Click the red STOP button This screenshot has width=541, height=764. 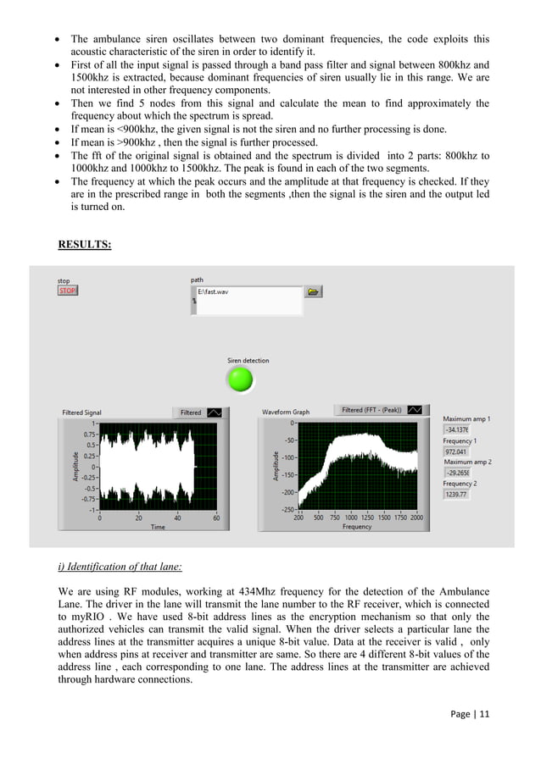point(67,291)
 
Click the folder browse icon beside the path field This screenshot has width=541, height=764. point(314,291)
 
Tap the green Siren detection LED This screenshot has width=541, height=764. point(242,379)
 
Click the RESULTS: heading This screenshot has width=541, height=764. point(85,246)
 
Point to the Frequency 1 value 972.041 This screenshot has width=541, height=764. point(456,452)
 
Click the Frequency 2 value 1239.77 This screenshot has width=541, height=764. point(456,494)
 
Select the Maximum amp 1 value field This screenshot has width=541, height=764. point(456,430)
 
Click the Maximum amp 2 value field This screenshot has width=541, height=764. point(456,473)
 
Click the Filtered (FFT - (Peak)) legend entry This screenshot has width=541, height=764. point(371,410)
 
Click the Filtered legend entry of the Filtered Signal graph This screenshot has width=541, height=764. point(191,412)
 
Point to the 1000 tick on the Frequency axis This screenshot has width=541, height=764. point(351,518)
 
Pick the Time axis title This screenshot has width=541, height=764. point(158,527)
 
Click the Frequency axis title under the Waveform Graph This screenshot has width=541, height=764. point(357,527)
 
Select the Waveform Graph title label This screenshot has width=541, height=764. point(286,412)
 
